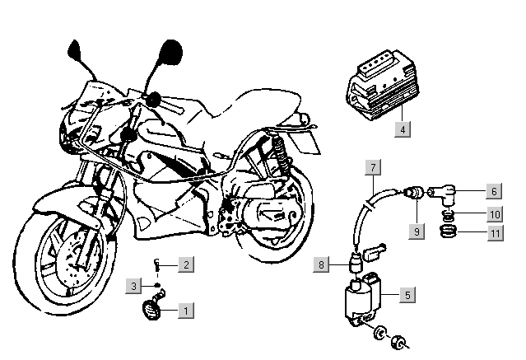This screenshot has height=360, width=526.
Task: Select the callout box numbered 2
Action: pos(187,264)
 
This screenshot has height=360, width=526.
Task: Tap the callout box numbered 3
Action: pos(134,286)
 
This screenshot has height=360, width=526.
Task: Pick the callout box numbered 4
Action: pos(402,129)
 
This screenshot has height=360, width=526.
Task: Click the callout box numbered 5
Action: pos(407,293)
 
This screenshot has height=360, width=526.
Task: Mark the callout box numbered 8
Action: pos(323,264)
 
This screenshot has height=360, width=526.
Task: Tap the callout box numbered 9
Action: pos(417,231)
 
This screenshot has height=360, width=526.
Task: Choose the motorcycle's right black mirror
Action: pos(170,52)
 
